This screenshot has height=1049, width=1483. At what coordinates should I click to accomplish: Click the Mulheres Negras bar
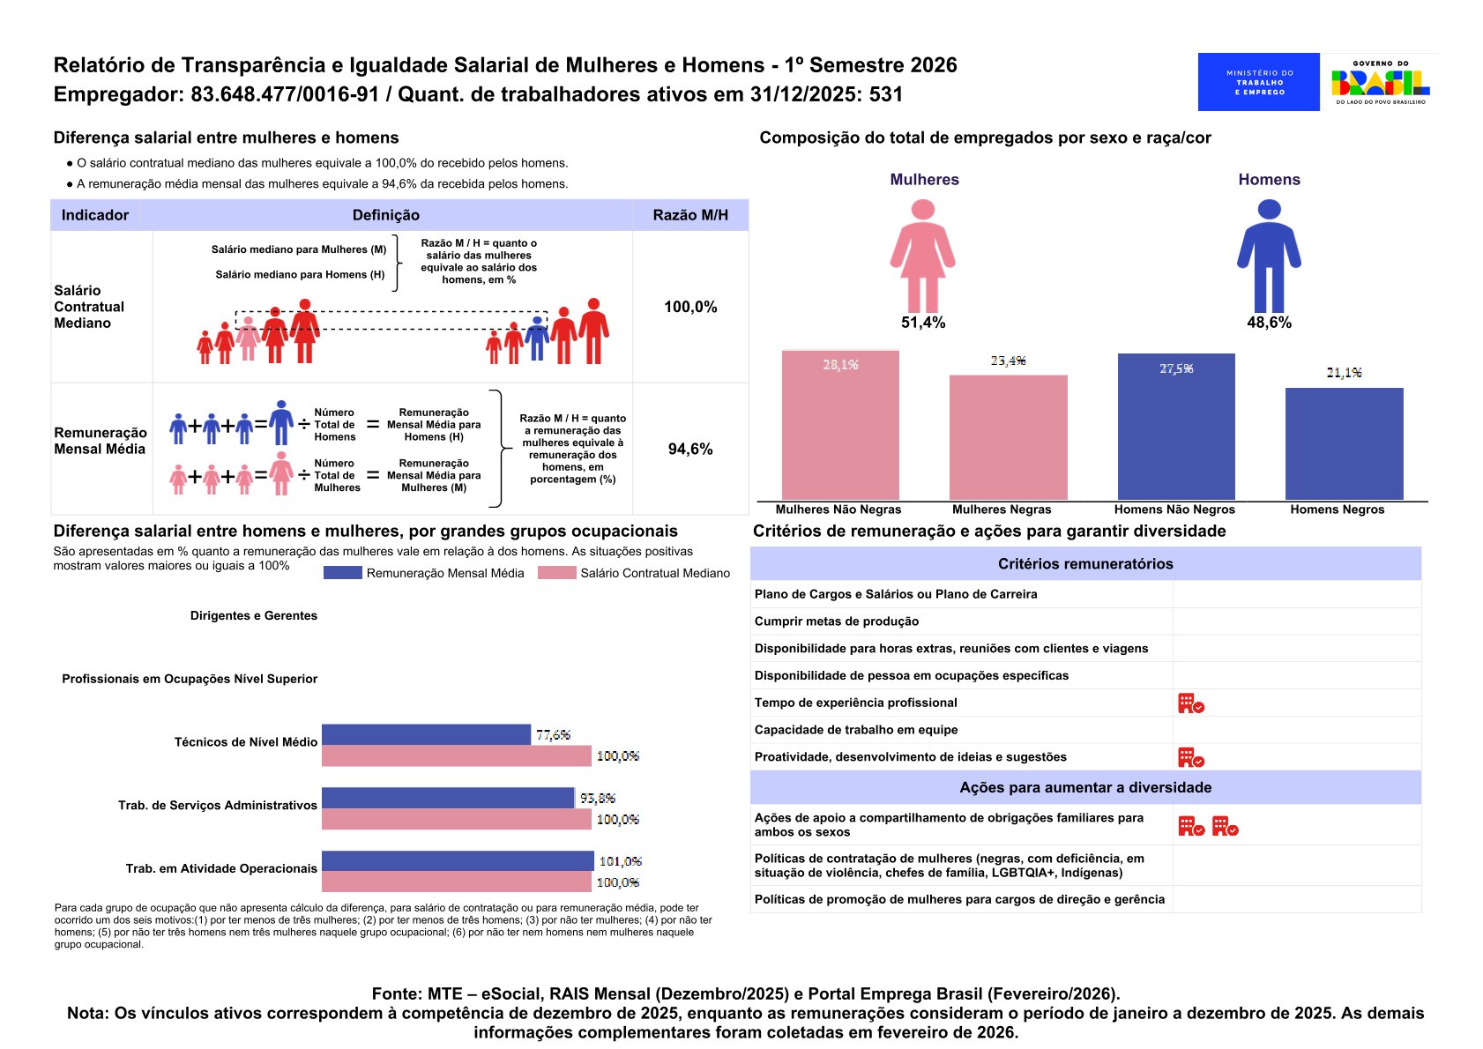(x=1008, y=437)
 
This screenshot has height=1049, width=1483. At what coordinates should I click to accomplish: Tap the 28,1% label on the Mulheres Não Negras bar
(x=840, y=365)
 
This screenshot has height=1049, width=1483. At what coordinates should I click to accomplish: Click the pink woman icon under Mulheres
(x=922, y=255)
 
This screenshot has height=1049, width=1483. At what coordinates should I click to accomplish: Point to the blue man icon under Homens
(x=1269, y=255)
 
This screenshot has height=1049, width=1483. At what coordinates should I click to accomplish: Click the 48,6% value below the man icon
(x=1269, y=323)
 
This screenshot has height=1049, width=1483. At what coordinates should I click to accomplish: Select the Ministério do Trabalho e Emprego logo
(x=1258, y=82)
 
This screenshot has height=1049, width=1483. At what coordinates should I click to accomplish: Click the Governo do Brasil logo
(x=1380, y=82)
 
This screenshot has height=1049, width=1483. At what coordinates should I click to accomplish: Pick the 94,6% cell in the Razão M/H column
(x=690, y=449)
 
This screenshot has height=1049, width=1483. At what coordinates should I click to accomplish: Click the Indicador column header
(x=95, y=215)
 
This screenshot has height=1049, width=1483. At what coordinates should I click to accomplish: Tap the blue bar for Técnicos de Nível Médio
(x=426, y=734)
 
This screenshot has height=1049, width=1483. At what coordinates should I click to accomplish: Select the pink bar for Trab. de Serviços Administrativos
(x=456, y=819)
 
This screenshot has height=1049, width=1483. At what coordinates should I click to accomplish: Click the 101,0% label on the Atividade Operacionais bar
(x=620, y=861)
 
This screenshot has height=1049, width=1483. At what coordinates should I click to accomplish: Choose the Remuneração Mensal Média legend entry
(x=424, y=573)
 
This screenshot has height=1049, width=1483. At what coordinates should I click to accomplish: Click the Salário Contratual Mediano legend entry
(x=634, y=573)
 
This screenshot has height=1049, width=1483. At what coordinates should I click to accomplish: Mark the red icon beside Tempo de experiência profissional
(x=1190, y=703)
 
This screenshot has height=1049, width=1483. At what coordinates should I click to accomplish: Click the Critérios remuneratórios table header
(x=1085, y=564)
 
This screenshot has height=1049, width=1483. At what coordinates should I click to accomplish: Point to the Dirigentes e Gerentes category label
(x=254, y=615)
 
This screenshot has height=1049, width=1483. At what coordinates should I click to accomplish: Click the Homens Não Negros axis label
(x=1174, y=510)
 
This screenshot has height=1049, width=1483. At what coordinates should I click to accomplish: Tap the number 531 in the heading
(x=886, y=94)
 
